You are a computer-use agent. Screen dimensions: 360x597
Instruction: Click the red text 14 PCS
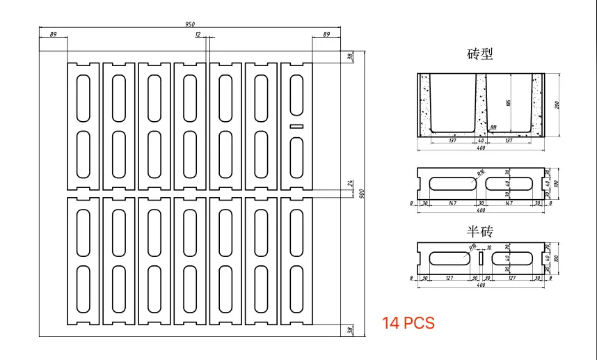pyautogui.click(x=408, y=323)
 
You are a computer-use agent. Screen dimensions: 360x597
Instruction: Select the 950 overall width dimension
pyautogui.click(x=190, y=24)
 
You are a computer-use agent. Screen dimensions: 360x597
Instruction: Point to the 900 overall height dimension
pyautogui.click(x=361, y=193)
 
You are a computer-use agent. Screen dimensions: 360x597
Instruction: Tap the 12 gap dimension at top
pyautogui.click(x=198, y=34)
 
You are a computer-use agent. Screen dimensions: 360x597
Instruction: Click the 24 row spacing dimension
pyautogui.click(x=351, y=183)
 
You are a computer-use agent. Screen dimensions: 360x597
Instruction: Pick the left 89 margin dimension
pyautogui.click(x=53, y=34)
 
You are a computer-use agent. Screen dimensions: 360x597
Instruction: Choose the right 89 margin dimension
pyautogui.click(x=326, y=34)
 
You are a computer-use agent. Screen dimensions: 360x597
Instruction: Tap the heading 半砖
pyautogui.click(x=480, y=230)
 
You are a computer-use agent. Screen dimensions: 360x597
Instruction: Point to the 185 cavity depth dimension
pyautogui.click(x=509, y=103)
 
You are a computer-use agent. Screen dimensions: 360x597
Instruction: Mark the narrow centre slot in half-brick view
pyautogui.click(x=480, y=258)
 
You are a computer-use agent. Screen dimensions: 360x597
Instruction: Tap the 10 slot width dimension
pyautogui.click(x=488, y=247)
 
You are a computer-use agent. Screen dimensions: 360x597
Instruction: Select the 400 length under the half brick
pyautogui.click(x=480, y=284)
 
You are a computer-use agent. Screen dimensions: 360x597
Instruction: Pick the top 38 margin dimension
pyautogui.click(x=351, y=56)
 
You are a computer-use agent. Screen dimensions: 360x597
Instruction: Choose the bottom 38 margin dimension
pyautogui.click(x=351, y=330)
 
